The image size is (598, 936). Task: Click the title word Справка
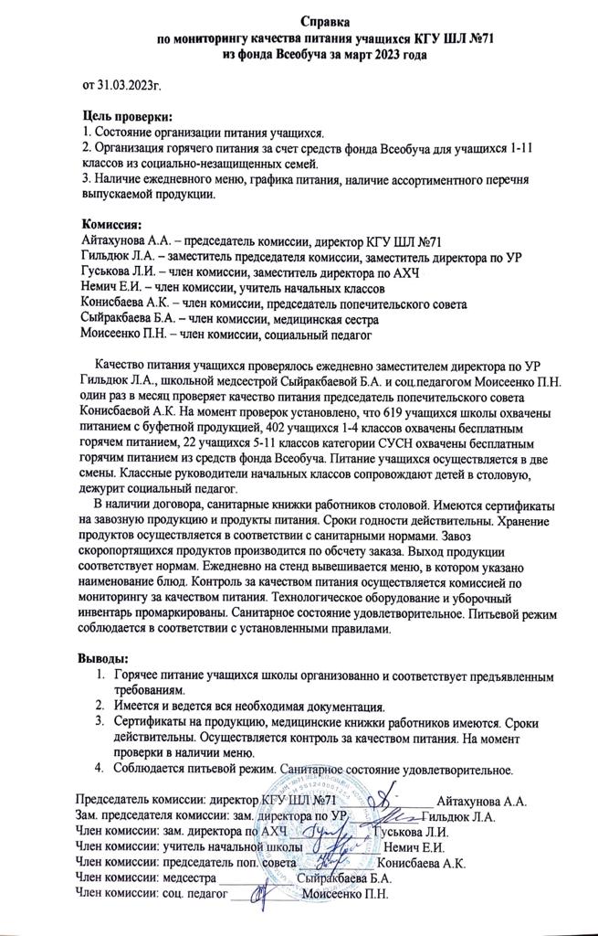[x=331, y=21]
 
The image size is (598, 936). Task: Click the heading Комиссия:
[x=113, y=224]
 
